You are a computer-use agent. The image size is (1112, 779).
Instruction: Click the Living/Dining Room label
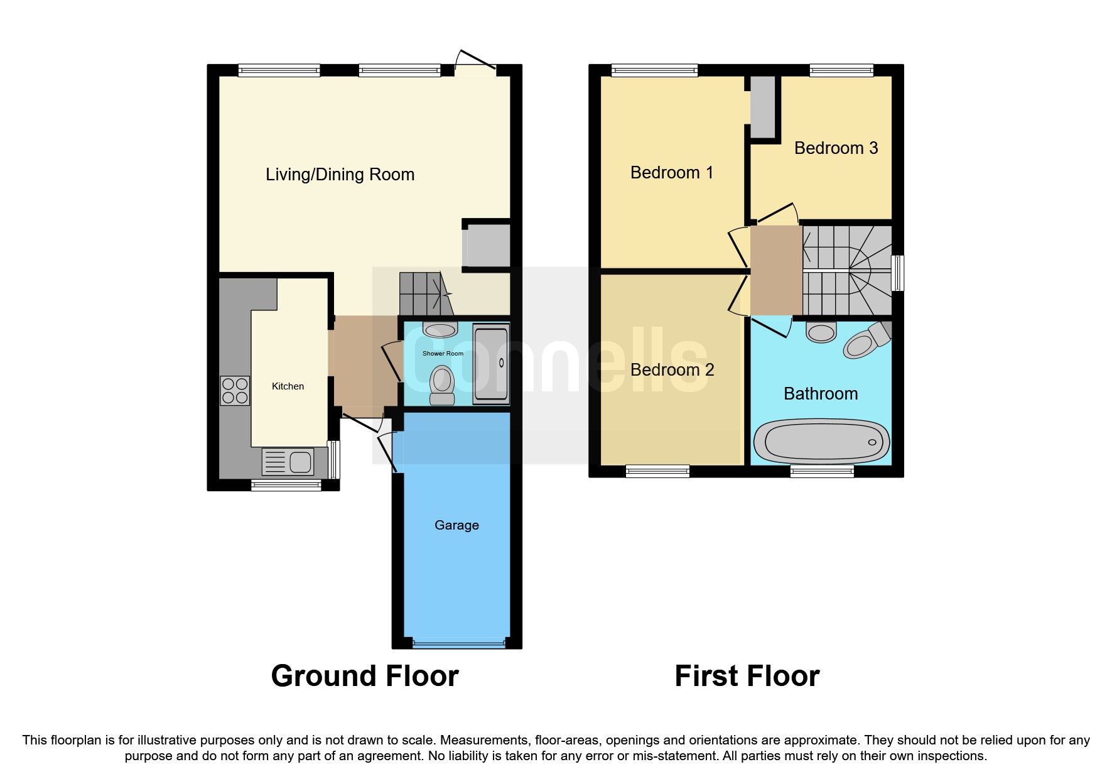(340, 175)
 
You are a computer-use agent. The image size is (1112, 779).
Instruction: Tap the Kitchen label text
(288, 386)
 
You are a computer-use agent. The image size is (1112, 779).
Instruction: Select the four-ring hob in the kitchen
(235, 390)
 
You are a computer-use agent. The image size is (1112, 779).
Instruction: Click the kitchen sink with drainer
(288, 462)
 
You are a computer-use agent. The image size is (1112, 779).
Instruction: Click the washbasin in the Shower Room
(440, 329)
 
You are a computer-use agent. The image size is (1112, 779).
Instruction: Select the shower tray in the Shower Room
(490, 364)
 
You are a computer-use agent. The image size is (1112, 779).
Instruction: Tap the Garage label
(456, 525)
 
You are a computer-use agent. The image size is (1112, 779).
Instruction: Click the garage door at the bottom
(458, 643)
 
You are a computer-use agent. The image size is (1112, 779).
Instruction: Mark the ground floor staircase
(423, 294)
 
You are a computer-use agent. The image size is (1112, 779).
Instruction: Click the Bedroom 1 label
(671, 173)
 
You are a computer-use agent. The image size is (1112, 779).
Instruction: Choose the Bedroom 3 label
(836, 148)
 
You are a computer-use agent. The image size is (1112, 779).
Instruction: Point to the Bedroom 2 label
(672, 370)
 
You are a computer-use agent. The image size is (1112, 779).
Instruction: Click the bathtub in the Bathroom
(821, 442)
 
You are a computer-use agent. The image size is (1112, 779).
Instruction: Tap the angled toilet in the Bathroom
(865, 342)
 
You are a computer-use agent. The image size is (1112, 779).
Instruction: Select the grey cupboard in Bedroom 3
(763, 107)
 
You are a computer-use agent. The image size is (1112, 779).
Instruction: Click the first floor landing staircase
(846, 271)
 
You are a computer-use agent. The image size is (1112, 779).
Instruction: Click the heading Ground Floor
(365, 676)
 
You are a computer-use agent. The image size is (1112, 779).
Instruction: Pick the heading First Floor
(747, 676)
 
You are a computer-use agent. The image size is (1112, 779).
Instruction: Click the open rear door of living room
(475, 59)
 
